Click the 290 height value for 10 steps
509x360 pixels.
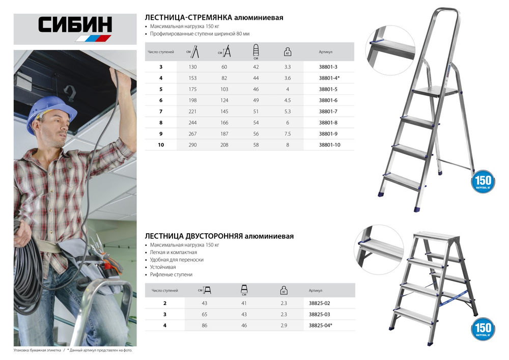pyautogui.click(x=192, y=145)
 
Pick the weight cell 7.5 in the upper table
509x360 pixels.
pyautogui.click(x=288, y=134)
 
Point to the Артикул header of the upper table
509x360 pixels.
pyautogui.click(x=326, y=51)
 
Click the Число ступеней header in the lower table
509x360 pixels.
pyautogui.click(x=165, y=291)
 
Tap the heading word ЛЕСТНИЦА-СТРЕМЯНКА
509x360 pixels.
pyautogui.click(x=189, y=17)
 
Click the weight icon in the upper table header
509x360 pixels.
pyautogui.click(x=288, y=51)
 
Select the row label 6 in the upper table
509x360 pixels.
pyautogui.click(x=161, y=100)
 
